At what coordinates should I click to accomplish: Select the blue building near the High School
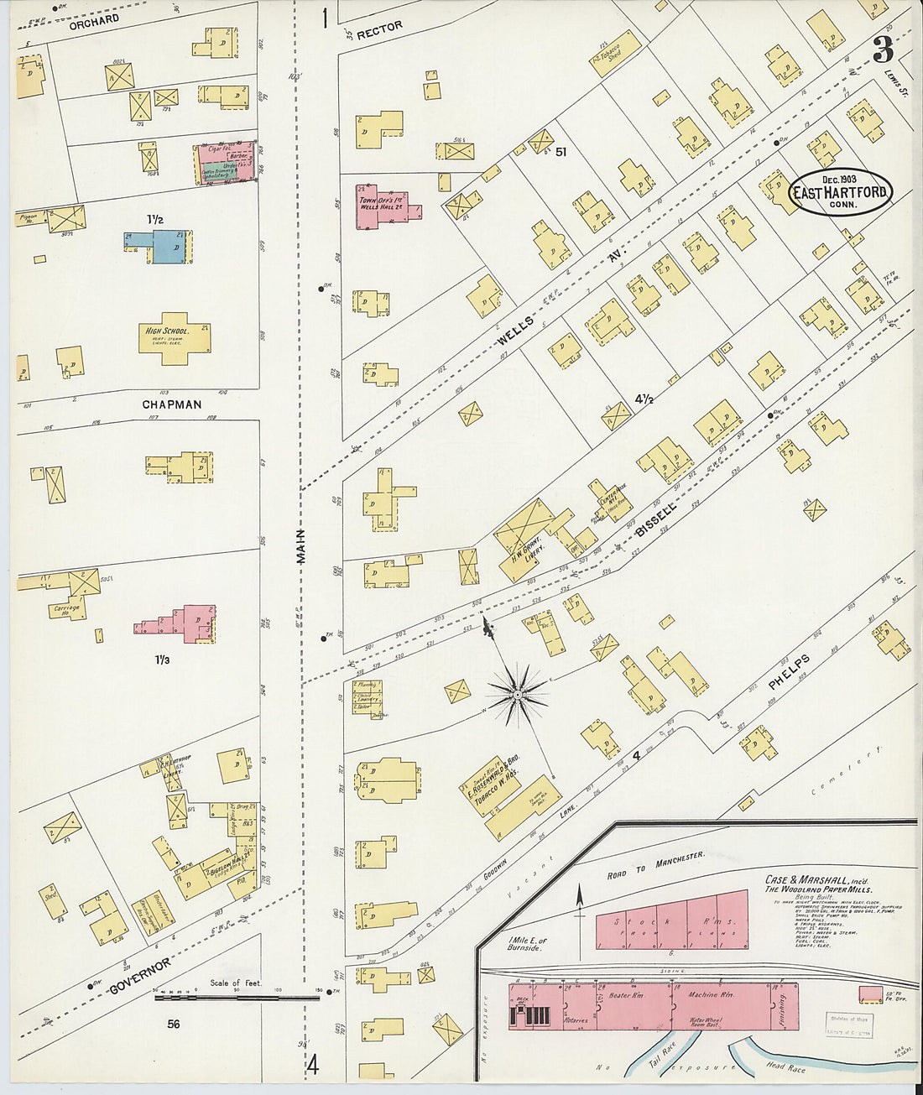tap(164, 246)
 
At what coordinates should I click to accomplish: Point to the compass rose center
tap(518, 694)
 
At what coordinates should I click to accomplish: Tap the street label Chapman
tap(171, 404)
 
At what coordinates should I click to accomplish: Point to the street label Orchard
tap(94, 19)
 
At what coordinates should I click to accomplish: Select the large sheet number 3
tap(882, 51)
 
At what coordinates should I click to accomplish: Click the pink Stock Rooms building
tap(670, 924)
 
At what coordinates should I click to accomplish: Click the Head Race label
tap(785, 1066)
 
